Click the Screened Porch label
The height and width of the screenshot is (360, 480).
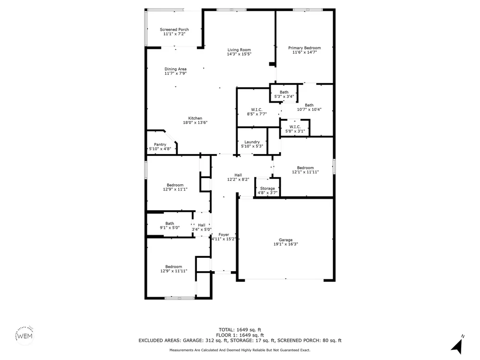(174, 29)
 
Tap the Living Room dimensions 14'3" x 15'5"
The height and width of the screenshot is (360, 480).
(239, 54)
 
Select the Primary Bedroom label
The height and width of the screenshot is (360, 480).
(305, 48)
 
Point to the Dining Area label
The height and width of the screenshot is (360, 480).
(175, 69)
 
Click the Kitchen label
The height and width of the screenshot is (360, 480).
(195, 118)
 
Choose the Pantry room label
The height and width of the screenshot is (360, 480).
(160, 144)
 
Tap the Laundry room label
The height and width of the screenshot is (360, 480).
(252, 142)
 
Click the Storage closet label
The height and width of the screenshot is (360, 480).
(267, 189)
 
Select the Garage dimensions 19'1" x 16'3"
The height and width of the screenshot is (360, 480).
(286, 244)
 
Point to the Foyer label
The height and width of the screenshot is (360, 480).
(224, 235)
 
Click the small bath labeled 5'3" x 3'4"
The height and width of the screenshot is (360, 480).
(284, 94)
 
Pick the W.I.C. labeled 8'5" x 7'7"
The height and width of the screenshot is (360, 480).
(257, 112)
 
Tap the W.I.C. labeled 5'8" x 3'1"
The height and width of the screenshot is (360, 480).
(295, 129)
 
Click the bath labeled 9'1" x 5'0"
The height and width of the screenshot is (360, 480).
(169, 226)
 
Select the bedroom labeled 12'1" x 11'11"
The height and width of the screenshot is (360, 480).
(305, 170)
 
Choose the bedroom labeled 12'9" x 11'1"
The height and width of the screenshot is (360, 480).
(175, 187)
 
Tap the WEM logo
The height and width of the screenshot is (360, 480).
(24, 336)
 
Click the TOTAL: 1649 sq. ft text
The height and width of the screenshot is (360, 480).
(240, 330)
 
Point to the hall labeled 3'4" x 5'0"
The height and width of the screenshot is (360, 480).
(202, 227)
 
